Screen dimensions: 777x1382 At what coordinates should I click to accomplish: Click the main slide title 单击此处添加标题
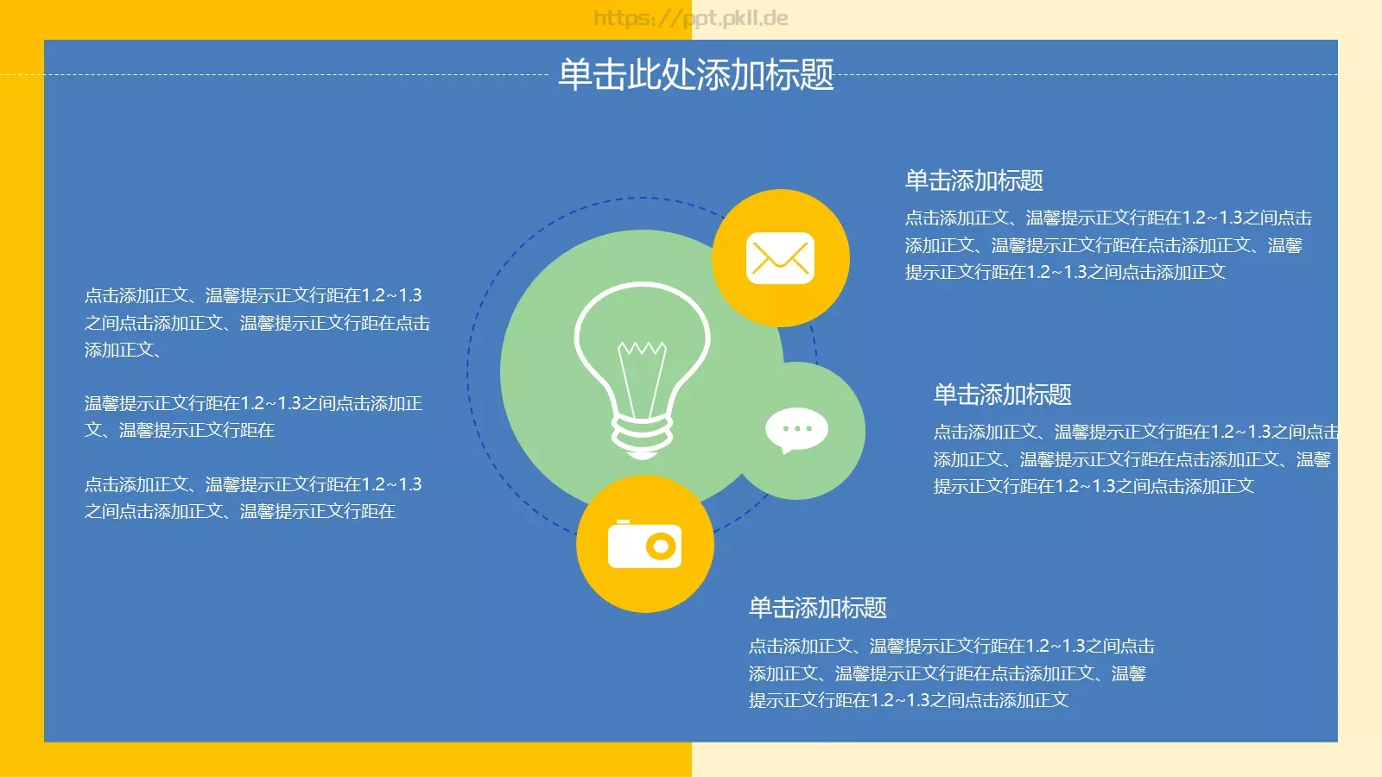pyautogui.click(x=695, y=75)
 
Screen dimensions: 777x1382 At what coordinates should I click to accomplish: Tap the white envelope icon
pyautogui.click(x=780, y=258)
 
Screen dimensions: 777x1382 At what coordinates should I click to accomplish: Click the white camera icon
pyautogui.click(x=644, y=545)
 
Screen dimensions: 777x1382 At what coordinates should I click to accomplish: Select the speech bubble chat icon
pyautogui.click(x=796, y=430)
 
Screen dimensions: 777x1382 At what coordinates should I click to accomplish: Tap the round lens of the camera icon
pyautogui.click(x=662, y=546)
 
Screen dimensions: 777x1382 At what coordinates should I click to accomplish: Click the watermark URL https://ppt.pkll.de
pyautogui.click(x=691, y=18)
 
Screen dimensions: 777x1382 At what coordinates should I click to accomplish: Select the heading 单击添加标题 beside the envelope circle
pyautogui.click(x=973, y=180)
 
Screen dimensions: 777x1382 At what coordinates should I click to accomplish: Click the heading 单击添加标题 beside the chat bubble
pyautogui.click(x=1002, y=395)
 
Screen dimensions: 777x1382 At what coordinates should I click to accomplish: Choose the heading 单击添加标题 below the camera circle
pyautogui.click(x=817, y=608)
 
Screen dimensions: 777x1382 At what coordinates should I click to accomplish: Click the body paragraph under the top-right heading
pyautogui.click(x=1107, y=245)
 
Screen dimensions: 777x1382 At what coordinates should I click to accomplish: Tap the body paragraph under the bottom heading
pyautogui.click(x=951, y=673)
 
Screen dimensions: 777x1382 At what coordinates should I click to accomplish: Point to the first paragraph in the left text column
pyautogui.click(x=257, y=323)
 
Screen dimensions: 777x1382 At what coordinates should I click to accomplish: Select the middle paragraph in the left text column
pyautogui.click(x=253, y=416)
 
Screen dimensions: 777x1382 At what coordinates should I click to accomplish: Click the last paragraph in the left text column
pyautogui.click(x=253, y=498)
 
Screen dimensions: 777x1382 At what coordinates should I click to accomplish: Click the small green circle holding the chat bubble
pyautogui.click(x=821, y=466)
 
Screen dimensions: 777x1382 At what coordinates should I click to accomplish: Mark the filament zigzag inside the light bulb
pyautogui.click(x=642, y=350)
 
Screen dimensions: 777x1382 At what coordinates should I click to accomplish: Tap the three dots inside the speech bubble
pyautogui.click(x=796, y=428)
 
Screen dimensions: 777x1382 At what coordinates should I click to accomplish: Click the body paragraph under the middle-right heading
pyautogui.click(x=1133, y=459)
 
